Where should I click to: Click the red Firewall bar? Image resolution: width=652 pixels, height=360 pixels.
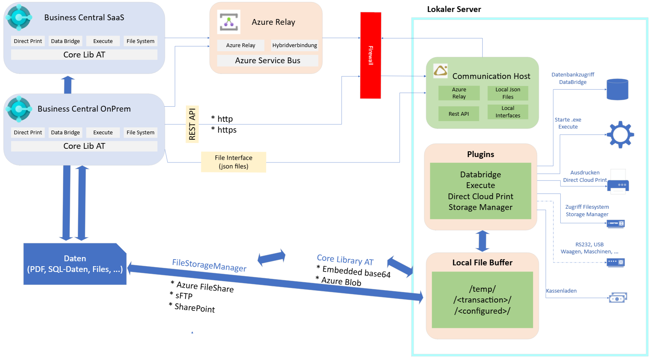370,55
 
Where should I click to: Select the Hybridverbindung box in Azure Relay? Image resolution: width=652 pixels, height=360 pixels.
295,45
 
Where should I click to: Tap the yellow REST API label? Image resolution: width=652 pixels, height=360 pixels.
192,124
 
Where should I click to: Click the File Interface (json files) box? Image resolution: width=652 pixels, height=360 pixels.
233,162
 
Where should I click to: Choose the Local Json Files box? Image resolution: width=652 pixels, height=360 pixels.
508,93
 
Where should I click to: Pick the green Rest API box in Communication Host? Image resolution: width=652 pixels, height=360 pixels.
459,114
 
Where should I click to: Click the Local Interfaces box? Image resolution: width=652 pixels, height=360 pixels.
508,112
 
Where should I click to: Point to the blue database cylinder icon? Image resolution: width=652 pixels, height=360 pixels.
617,89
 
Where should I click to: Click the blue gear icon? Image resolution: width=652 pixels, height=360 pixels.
620,134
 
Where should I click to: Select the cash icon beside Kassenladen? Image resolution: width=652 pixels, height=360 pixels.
618,298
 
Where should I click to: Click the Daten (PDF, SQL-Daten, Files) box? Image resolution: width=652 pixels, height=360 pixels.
75,264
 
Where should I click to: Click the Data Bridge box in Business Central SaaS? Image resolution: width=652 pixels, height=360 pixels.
65,41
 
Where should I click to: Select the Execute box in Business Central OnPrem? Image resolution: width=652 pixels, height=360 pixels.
103,132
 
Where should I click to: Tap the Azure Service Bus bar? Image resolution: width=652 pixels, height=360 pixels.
267,61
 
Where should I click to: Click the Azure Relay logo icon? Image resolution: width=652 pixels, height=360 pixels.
228,22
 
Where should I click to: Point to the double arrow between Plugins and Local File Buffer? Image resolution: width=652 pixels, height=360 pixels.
482,241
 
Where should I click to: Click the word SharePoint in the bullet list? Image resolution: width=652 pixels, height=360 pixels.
195,308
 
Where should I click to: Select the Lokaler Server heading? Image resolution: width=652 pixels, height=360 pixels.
454,9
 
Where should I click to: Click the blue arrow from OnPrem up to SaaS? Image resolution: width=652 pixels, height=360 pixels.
68,85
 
